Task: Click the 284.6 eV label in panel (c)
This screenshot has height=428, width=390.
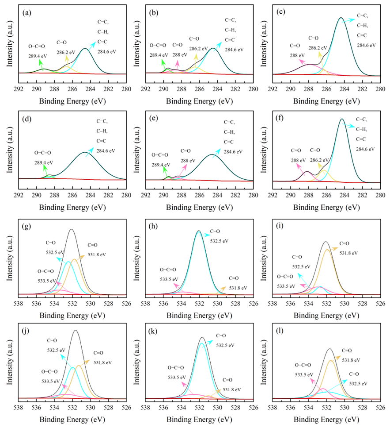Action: tap(367, 45)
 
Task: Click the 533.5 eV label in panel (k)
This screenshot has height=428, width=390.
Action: tap(176, 377)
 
